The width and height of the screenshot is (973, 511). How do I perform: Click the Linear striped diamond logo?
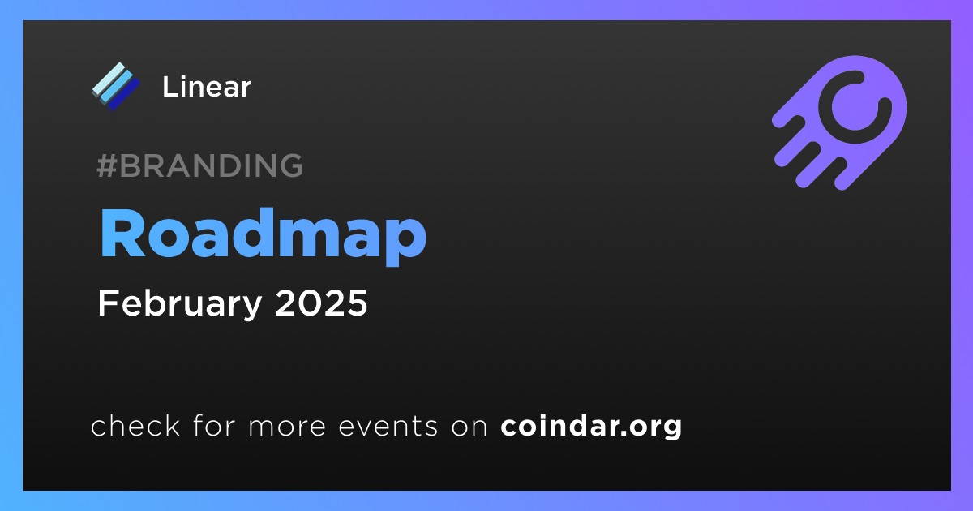tap(116, 86)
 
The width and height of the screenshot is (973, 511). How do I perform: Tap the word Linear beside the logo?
tap(207, 87)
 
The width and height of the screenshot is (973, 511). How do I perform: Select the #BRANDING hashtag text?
tap(199, 165)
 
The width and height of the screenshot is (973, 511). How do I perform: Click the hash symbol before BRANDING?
tap(107, 165)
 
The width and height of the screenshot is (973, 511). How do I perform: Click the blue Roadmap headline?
tap(263, 236)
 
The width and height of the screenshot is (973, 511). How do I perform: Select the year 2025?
tap(321, 303)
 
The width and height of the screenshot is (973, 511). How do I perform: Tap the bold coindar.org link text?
tap(591, 427)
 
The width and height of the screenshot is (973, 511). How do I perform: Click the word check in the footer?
tap(135, 425)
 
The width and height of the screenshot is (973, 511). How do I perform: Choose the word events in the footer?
tap(388, 427)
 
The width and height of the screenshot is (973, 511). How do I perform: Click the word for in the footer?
tap(214, 425)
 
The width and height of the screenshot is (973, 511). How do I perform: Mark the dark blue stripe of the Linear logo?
tap(125, 94)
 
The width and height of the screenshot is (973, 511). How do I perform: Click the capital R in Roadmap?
tap(122, 233)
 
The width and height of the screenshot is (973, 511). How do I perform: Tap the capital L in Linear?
tap(169, 87)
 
